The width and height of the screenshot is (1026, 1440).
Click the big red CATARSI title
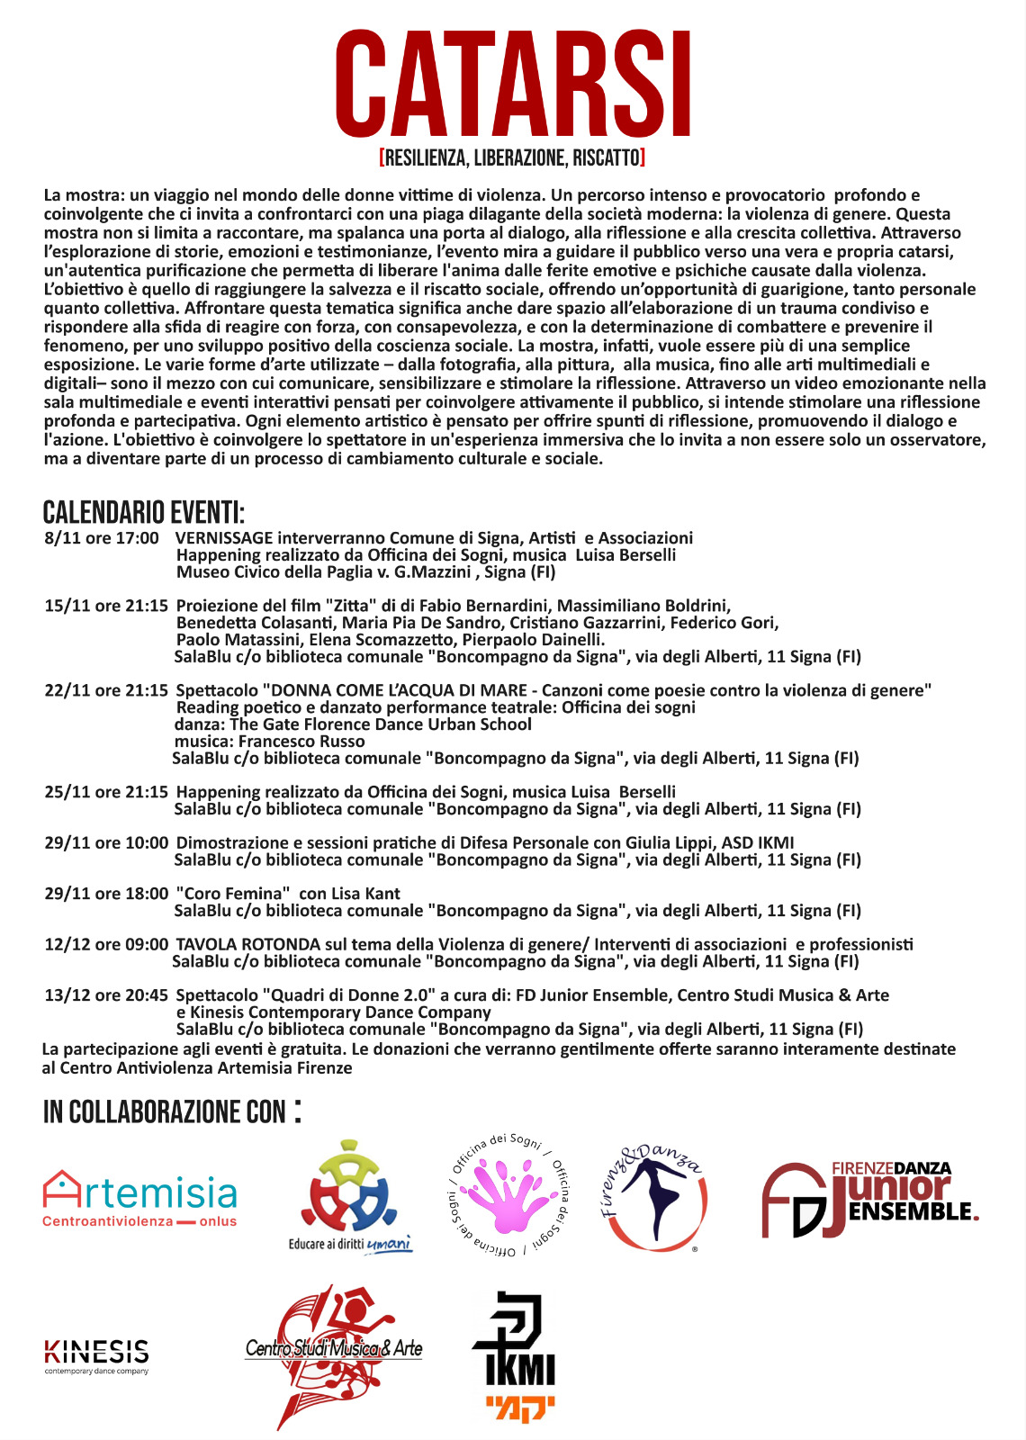coord(513,85)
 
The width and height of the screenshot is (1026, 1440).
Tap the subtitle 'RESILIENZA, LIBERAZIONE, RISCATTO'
coord(513,158)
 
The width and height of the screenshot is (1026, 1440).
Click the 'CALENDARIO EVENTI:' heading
coord(144,513)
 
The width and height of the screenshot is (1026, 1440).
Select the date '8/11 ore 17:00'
coord(102,538)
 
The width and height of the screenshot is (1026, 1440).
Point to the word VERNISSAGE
coord(224,538)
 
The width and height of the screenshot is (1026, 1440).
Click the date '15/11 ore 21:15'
coord(106,606)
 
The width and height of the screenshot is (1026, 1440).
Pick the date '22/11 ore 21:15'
coord(106,690)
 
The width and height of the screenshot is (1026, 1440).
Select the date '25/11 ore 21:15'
coord(106,792)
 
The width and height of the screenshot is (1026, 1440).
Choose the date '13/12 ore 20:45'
coord(106,995)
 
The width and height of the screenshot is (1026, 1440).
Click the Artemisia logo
coord(140,1198)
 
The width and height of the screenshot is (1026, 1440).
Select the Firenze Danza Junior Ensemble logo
coord(869,1198)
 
